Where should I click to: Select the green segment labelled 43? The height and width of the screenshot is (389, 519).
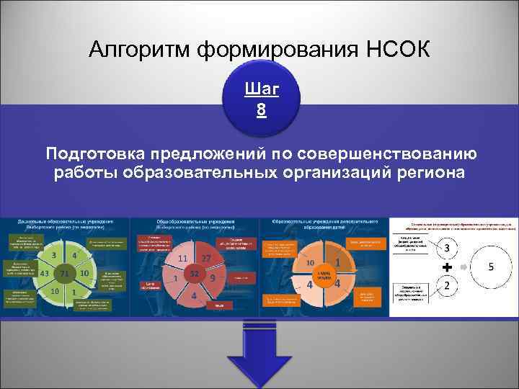click(45, 273)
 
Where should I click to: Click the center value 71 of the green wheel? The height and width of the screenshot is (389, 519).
click(64, 274)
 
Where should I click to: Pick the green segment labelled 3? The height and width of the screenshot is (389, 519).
click(54, 255)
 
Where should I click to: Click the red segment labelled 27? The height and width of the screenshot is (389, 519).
click(206, 259)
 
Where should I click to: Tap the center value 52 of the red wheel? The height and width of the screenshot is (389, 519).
click(194, 274)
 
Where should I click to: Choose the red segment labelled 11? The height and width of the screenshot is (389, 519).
click(182, 259)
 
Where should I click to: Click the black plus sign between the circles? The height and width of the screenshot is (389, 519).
click(447, 267)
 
